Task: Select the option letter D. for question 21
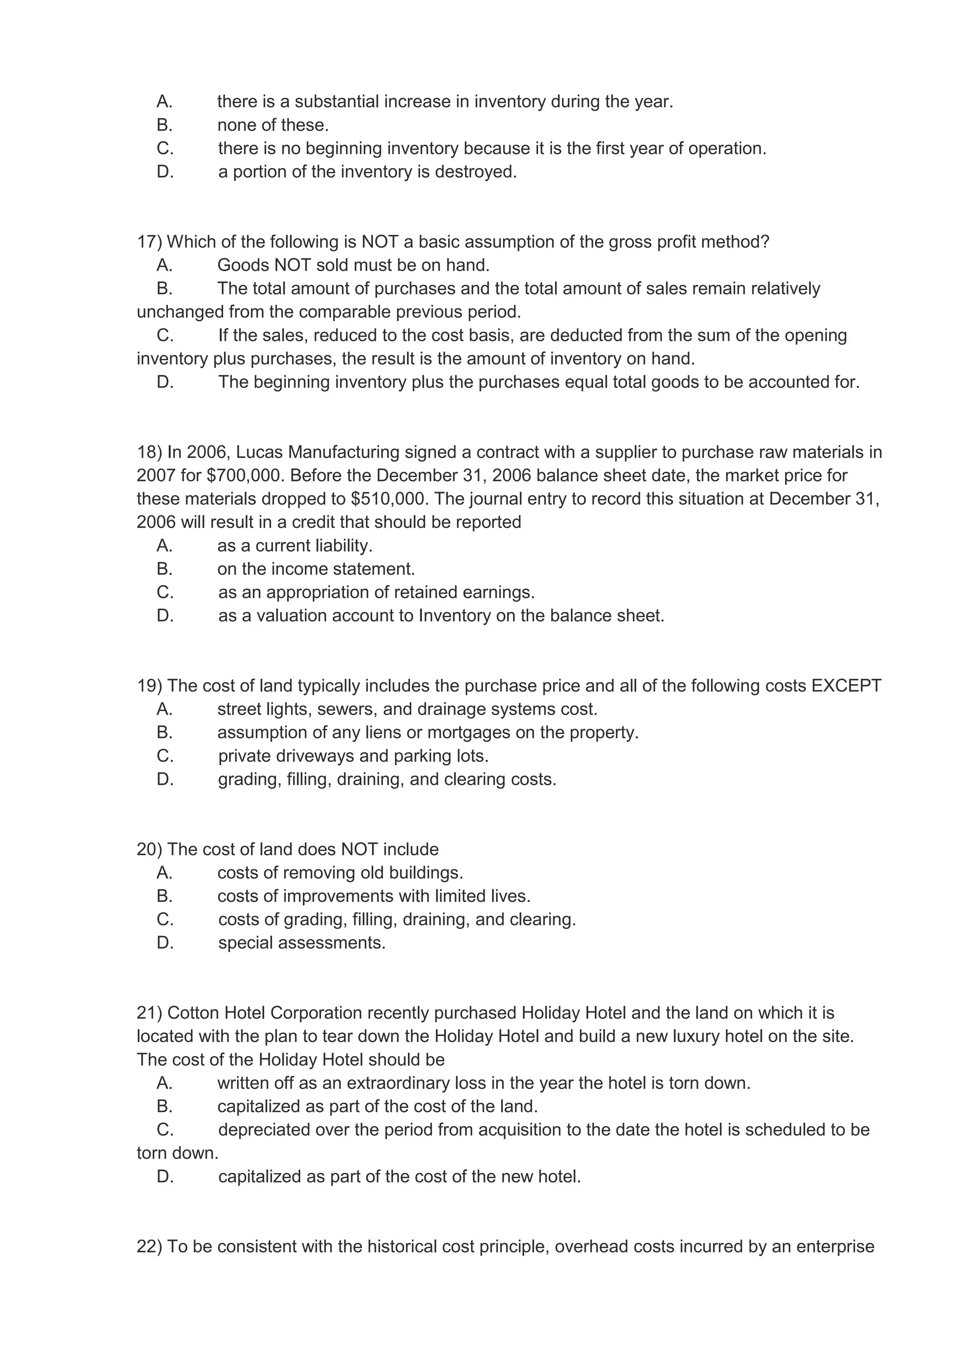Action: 165,1177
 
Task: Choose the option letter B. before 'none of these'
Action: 165,126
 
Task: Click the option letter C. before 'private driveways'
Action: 165,756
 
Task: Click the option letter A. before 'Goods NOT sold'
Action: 165,266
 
